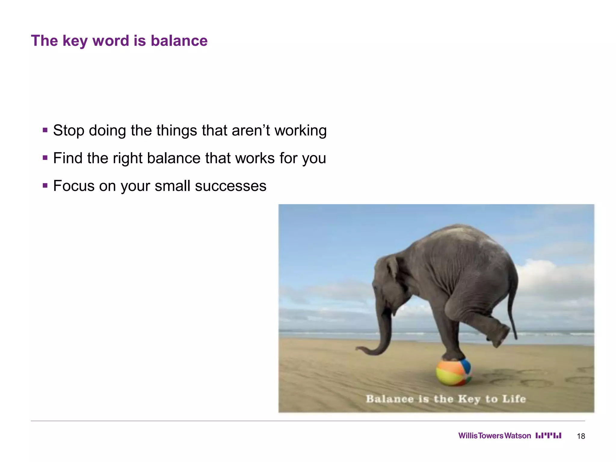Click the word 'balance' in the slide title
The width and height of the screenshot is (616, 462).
pos(179,41)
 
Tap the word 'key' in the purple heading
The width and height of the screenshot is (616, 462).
pos(75,41)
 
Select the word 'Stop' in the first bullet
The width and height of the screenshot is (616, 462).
pos(69,131)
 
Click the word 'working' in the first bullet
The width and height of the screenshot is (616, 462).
pos(300,131)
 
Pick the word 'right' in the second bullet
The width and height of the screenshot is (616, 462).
pos(127,159)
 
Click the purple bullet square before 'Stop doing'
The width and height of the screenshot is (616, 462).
pos(45,130)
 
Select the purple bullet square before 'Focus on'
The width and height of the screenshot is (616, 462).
pos(45,186)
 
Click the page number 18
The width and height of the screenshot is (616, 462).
pos(581,436)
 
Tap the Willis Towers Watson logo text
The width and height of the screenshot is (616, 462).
pos(494,436)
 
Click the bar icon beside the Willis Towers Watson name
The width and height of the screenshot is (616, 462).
pos(548,436)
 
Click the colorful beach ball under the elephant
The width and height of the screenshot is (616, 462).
pos(453,372)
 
